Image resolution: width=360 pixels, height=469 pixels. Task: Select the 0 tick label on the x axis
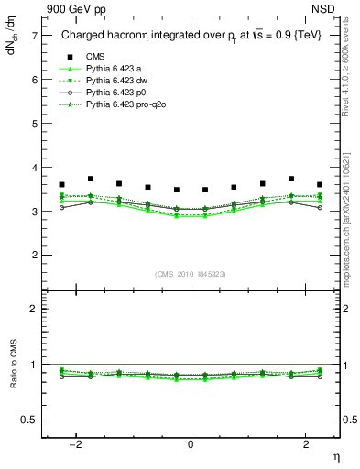click(x=191, y=444)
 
